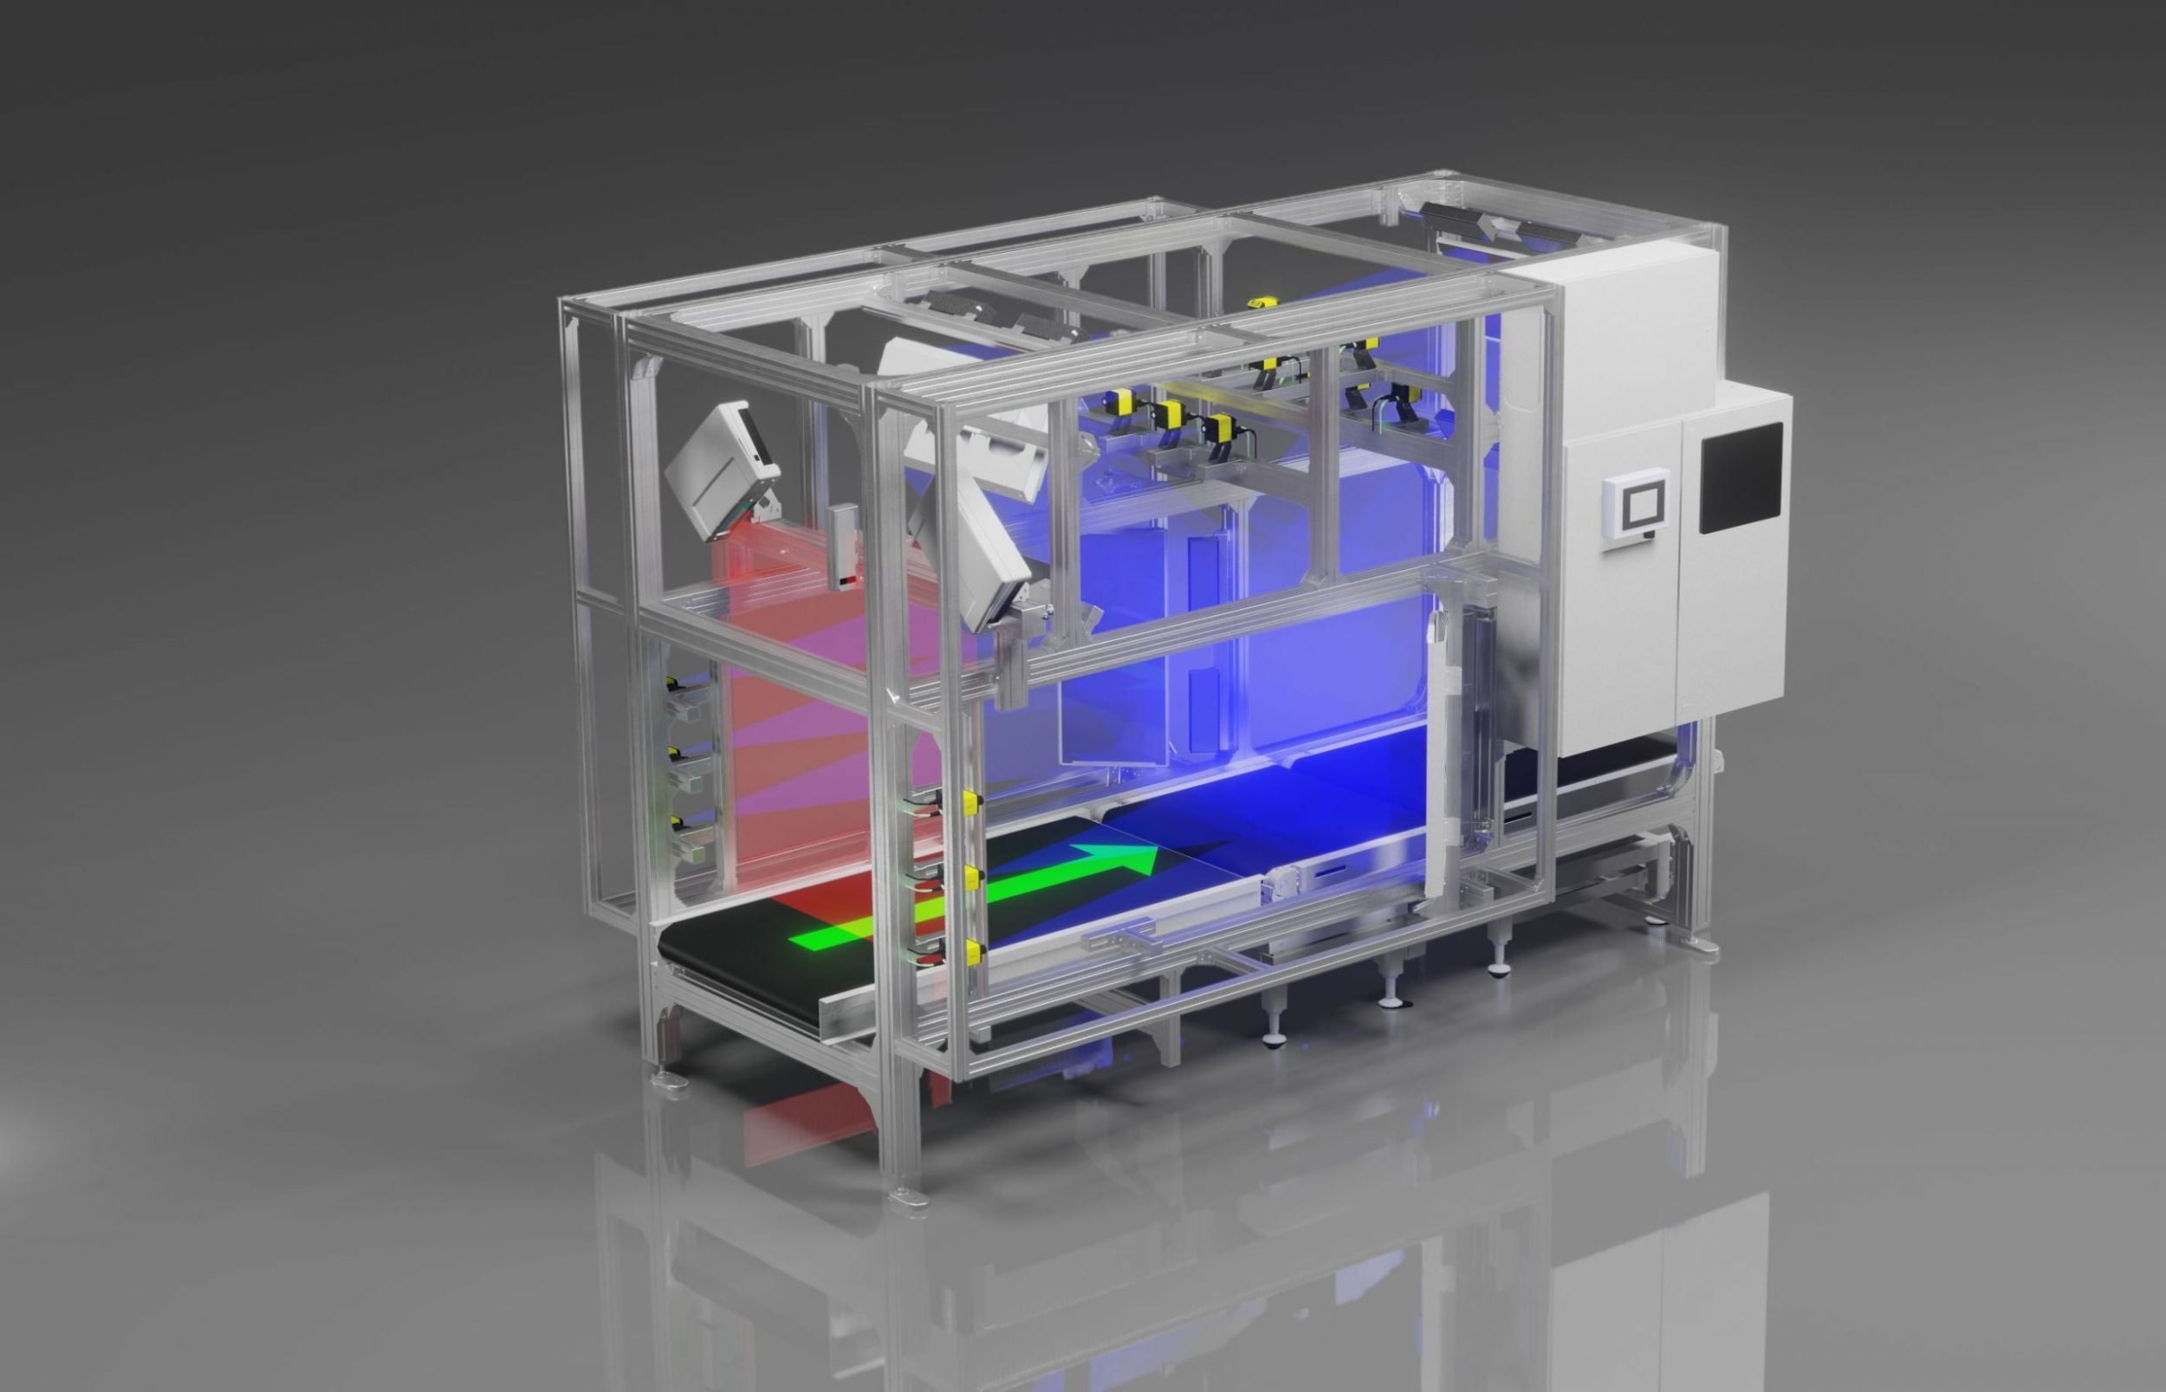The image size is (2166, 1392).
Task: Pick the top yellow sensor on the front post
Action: point(971,799)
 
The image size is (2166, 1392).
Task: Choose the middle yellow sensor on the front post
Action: point(973,876)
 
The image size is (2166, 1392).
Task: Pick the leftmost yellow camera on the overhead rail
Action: point(1125,412)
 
